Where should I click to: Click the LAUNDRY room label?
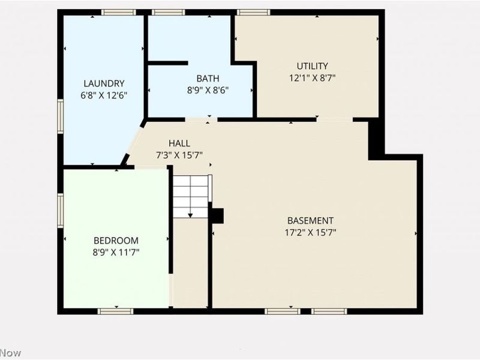pyautogui.click(x=104, y=83)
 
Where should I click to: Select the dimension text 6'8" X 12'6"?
pyautogui.click(x=104, y=95)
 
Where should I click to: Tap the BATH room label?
pyautogui.click(x=208, y=78)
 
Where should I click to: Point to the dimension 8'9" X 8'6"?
pyautogui.click(x=208, y=90)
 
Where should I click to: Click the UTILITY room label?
pyautogui.click(x=312, y=66)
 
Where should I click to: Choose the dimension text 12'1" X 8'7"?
pyautogui.click(x=312, y=77)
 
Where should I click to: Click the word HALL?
pyautogui.click(x=179, y=143)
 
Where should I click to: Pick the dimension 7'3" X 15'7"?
pyautogui.click(x=179, y=155)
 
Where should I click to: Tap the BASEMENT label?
pyautogui.click(x=310, y=220)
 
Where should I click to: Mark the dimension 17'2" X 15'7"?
pyautogui.click(x=310, y=232)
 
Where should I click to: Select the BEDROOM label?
pyautogui.click(x=116, y=240)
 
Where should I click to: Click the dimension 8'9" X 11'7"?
pyautogui.click(x=116, y=252)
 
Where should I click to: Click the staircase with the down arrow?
pyautogui.click(x=191, y=196)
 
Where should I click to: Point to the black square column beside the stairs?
pyautogui.click(x=217, y=215)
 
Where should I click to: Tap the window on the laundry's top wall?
pyautogui.click(x=118, y=12)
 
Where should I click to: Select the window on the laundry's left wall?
pyautogui.click(x=61, y=116)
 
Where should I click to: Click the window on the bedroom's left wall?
pyautogui.click(x=61, y=209)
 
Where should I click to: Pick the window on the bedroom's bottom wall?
pyautogui.click(x=115, y=311)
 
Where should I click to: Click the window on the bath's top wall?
pyautogui.click(x=168, y=12)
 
